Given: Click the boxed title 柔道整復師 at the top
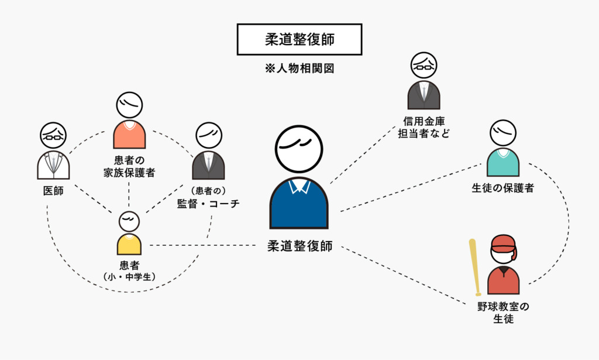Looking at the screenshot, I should [x=299, y=40].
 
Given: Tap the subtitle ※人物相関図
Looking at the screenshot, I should [x=299, y=68].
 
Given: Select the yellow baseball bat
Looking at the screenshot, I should [x=476, y=267].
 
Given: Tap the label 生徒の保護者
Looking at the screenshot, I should [x=502, y=188].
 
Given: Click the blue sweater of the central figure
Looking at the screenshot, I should [x=298, y=208].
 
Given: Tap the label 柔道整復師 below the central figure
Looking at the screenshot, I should [x=299, y=246].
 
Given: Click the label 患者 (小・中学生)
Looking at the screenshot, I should [x=129, y=271].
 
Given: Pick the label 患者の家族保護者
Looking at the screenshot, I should [x=129, y=166].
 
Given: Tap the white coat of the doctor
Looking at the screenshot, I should [x=53, y=166].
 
